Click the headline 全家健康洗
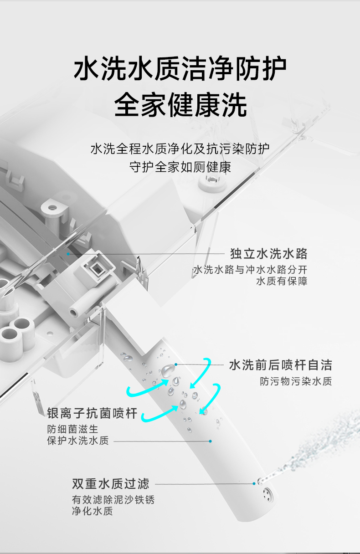pos(180,105)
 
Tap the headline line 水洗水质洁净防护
pos(180,68)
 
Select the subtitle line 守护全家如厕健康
pos(180,167)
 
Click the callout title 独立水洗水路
pos(269,253)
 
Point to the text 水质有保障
pos(282,281)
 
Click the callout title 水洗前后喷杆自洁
pos(281,365)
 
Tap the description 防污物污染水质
pos(296,381)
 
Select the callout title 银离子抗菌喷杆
pos(93,413)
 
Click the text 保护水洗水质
pos(78,441)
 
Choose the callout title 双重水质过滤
pos(111,484)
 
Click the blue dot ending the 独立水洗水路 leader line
pos(68,254)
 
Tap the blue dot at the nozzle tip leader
pos(254,483)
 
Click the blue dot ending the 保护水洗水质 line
pos(211,441)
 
